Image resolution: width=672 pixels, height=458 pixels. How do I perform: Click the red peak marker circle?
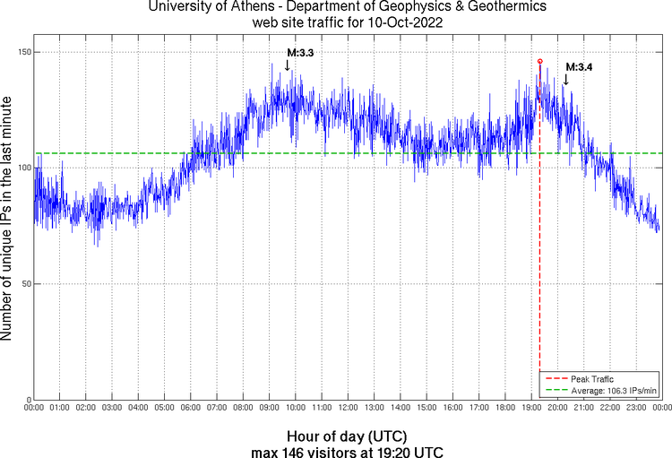[x=539, y=61]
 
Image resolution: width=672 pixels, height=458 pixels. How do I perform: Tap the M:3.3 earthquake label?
[x=299, y=53]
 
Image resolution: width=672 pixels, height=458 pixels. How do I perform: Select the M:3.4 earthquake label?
[x=578, y=66]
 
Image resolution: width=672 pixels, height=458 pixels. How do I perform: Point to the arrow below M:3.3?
[x=287, y=65]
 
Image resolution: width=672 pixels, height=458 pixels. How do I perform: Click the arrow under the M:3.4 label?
[x=565, y=79]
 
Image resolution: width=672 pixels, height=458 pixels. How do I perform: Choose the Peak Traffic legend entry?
[x=591, y=379]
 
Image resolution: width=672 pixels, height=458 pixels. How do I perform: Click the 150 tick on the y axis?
[x=23, y=52]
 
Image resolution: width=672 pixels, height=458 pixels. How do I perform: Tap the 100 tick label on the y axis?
[x=23, y=168]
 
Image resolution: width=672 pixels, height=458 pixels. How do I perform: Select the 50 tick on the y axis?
[x=25, y=284]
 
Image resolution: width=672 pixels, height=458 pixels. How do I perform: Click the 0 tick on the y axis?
[x=28, y=400]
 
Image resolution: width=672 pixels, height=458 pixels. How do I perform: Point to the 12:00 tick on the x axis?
[x=348, y=409]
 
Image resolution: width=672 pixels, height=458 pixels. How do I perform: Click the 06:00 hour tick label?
[x=191, y=409]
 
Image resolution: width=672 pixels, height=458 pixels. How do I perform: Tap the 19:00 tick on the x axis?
[x=531, y=409]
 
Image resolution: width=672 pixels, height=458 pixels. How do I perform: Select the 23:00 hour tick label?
[x=636, y=409]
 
